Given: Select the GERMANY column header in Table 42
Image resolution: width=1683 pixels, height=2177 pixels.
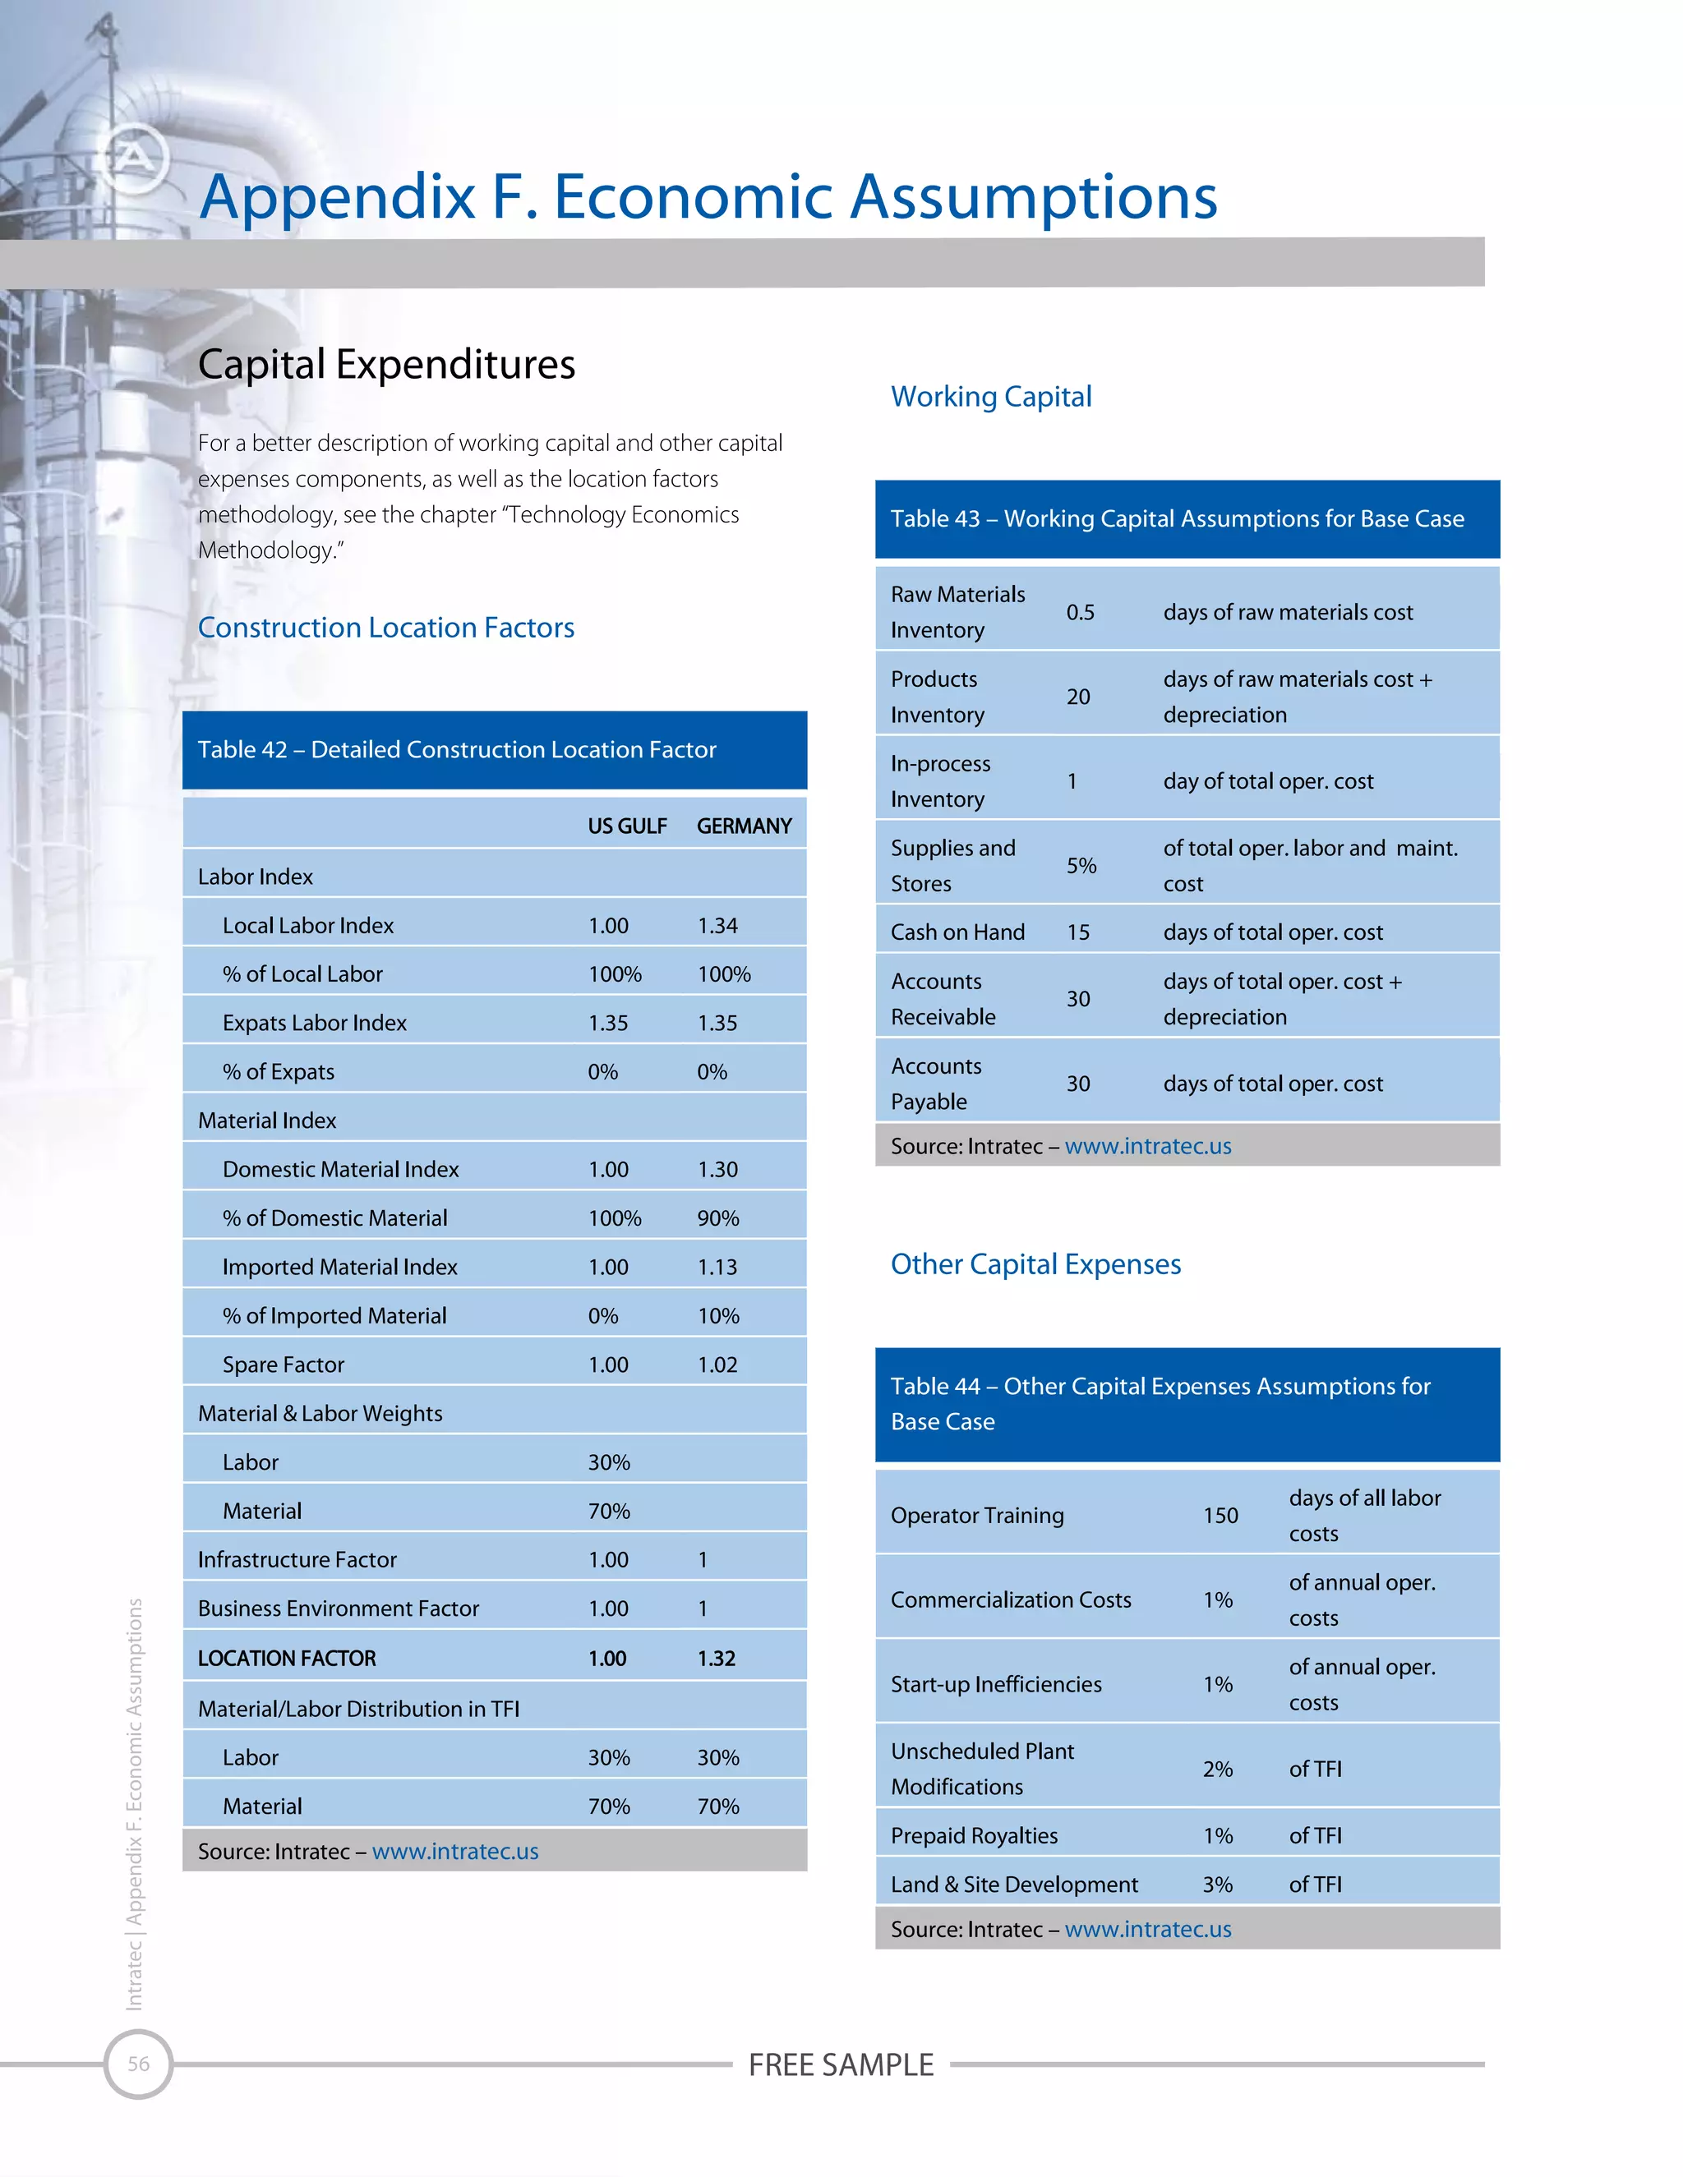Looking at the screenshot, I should tap(744, 826).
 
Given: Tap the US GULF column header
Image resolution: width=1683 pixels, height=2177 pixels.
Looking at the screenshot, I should tap(627, 826).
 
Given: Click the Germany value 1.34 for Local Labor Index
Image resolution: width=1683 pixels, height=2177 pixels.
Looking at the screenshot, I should tap(718, 926).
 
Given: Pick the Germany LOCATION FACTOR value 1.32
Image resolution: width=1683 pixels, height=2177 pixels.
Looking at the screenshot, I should tap(716, 1659).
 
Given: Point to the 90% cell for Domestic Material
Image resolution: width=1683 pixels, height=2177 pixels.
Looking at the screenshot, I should tap(718, 1218).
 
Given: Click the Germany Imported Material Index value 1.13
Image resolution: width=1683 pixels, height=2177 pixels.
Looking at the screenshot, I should tap(718, 1267).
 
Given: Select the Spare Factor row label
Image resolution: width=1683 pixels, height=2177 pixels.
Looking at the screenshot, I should tap(284, 1365).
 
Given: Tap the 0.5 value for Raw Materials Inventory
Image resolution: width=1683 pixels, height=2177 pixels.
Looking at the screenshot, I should tap(1080, 612).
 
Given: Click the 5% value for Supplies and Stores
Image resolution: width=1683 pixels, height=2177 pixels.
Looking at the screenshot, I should tap(1081, 865).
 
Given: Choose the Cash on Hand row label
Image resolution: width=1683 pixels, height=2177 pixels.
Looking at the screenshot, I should tap(957, 932).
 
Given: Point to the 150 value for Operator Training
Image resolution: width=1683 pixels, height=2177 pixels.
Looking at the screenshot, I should tap(1220, 1515).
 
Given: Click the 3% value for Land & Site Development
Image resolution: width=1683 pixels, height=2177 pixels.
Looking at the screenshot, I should tap(1217, 1884).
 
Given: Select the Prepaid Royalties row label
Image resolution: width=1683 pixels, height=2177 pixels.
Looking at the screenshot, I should tap(974, 1835).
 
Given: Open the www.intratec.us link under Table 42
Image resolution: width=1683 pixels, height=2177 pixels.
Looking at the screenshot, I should tap(454, 1851).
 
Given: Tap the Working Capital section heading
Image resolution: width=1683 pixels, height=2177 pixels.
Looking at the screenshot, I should tap(991, 397).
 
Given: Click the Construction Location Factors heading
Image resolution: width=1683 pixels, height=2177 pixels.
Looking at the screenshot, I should tap(386, 628).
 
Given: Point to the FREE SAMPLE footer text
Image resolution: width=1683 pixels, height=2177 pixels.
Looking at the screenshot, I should tap(841, 2064).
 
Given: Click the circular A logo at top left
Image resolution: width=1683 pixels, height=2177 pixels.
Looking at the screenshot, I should tap(135, 158).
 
